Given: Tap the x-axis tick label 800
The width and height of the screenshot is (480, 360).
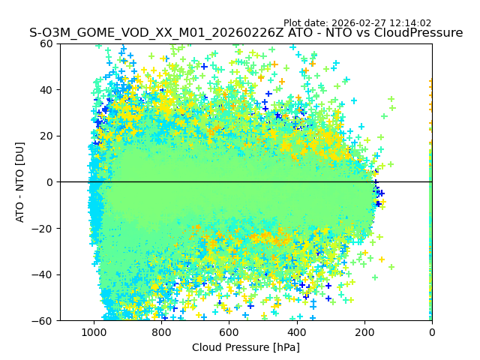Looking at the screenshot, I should point(161,332).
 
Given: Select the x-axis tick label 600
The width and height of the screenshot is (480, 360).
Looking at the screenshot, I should point(229,332).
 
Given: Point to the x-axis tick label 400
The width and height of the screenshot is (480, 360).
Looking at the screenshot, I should point(296,332).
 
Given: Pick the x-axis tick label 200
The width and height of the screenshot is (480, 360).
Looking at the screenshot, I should point(364,332).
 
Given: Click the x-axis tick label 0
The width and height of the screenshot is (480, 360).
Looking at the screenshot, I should point(432,332).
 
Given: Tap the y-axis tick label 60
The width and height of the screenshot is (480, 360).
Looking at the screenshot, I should point(46,43).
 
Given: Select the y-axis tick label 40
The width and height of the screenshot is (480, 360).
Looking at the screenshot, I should point(46,90).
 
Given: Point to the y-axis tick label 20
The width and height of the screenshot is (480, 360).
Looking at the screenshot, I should point(46,136).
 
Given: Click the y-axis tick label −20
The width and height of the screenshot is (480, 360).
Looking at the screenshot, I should point(43,229).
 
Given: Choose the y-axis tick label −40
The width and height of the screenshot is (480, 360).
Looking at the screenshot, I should point(43,274).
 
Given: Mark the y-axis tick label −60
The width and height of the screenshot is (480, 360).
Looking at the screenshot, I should point(43,321).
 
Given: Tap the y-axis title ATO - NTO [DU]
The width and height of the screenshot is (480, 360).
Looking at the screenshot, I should point(20,182).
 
